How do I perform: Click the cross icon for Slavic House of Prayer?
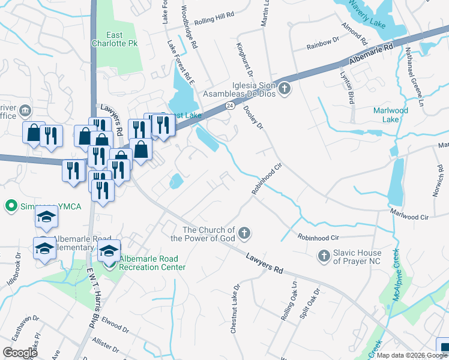(x=324, y=256)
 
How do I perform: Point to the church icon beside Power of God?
(x=244, y=232)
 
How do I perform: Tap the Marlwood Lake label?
(x=390, y=115)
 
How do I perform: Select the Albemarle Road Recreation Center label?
(x=152, y=263)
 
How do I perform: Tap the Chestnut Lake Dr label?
(x=235, y=308)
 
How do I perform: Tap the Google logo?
(x=20, y=352)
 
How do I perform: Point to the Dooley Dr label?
(x=254, y=117)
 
